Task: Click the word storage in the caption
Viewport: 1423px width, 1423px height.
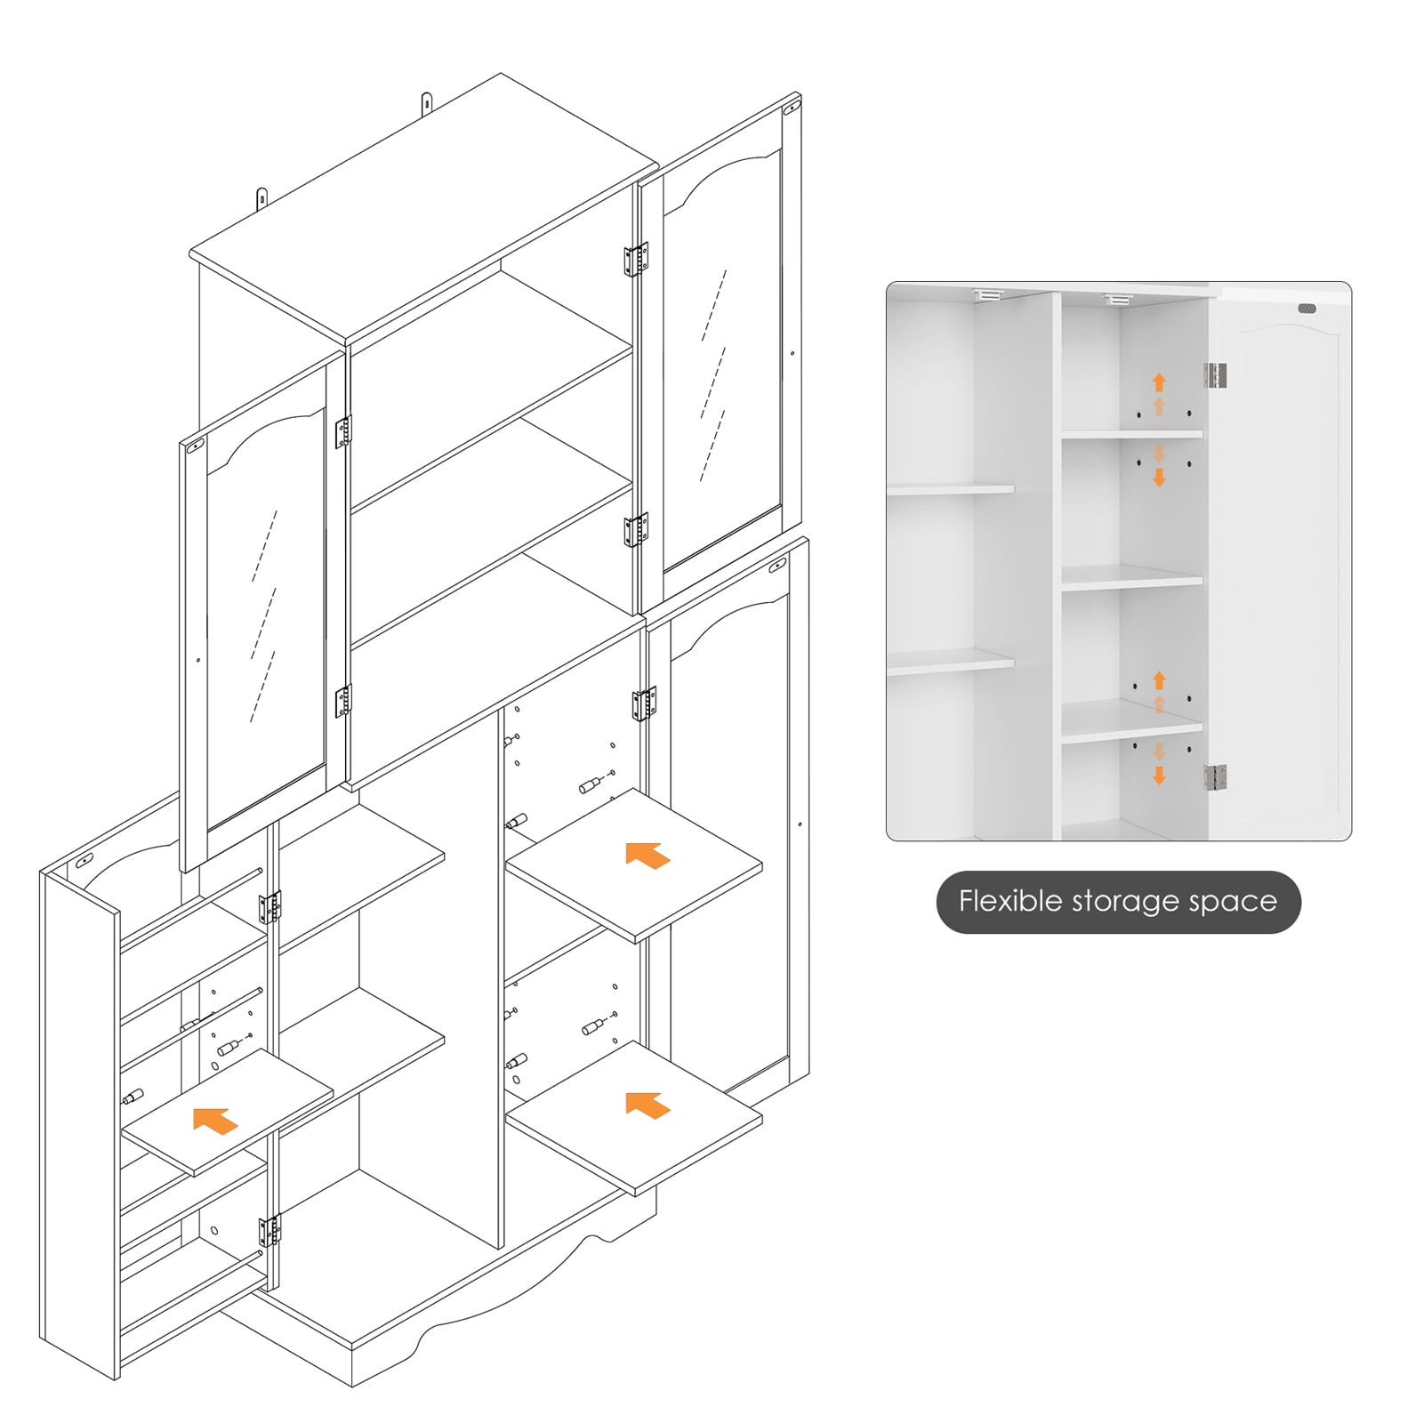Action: tap(1126, 901)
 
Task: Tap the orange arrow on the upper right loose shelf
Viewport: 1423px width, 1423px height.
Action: tap(647, 856)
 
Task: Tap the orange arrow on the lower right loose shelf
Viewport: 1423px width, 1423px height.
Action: tap(647, 1105)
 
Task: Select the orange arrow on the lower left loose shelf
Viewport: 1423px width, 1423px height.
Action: tap(215, 1121)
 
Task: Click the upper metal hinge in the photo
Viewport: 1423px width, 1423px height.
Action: tap(1216, 375)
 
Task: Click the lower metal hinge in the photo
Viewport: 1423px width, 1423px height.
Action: tap(1216, 776)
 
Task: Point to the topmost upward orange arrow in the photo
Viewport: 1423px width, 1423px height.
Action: tap(1159, 382)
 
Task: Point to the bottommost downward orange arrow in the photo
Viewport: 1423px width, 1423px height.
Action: tap(1159, 776)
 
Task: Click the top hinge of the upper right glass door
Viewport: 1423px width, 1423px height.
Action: tap(635, 260)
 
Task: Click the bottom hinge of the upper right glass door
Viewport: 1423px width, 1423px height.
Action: tap(635, 529)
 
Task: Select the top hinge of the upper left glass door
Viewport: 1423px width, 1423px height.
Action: tap(343, 432)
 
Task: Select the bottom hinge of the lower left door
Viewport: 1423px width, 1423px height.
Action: tap(269, 1231)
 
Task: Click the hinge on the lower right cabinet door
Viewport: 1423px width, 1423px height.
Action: tap(644, 703)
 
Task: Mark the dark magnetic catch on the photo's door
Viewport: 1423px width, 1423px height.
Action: tap(1306, 309)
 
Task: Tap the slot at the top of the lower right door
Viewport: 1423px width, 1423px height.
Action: tap(776, 565)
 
